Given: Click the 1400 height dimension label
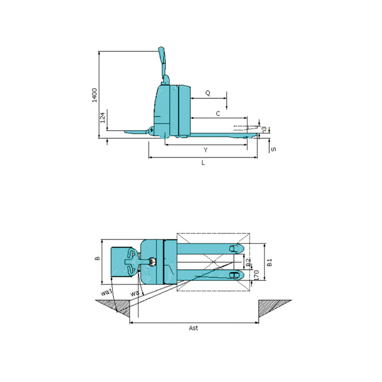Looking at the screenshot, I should point(95,95).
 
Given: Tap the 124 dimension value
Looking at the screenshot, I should point(103,118).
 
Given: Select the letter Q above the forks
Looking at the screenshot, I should point(208,93).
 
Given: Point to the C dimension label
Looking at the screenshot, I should point(218,114).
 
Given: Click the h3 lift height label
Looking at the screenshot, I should point(264,128).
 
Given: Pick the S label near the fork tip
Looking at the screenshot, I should point(273,149).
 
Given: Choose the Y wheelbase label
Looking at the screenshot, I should point(205,150).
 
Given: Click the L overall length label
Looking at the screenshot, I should point(203,163).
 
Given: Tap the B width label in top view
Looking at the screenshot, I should point(97,258).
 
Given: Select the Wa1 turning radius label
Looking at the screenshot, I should point(106,292).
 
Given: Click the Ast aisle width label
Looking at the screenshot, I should point(193,328).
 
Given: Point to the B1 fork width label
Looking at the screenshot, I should point(270,262).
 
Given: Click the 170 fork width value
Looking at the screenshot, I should point(256,275).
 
